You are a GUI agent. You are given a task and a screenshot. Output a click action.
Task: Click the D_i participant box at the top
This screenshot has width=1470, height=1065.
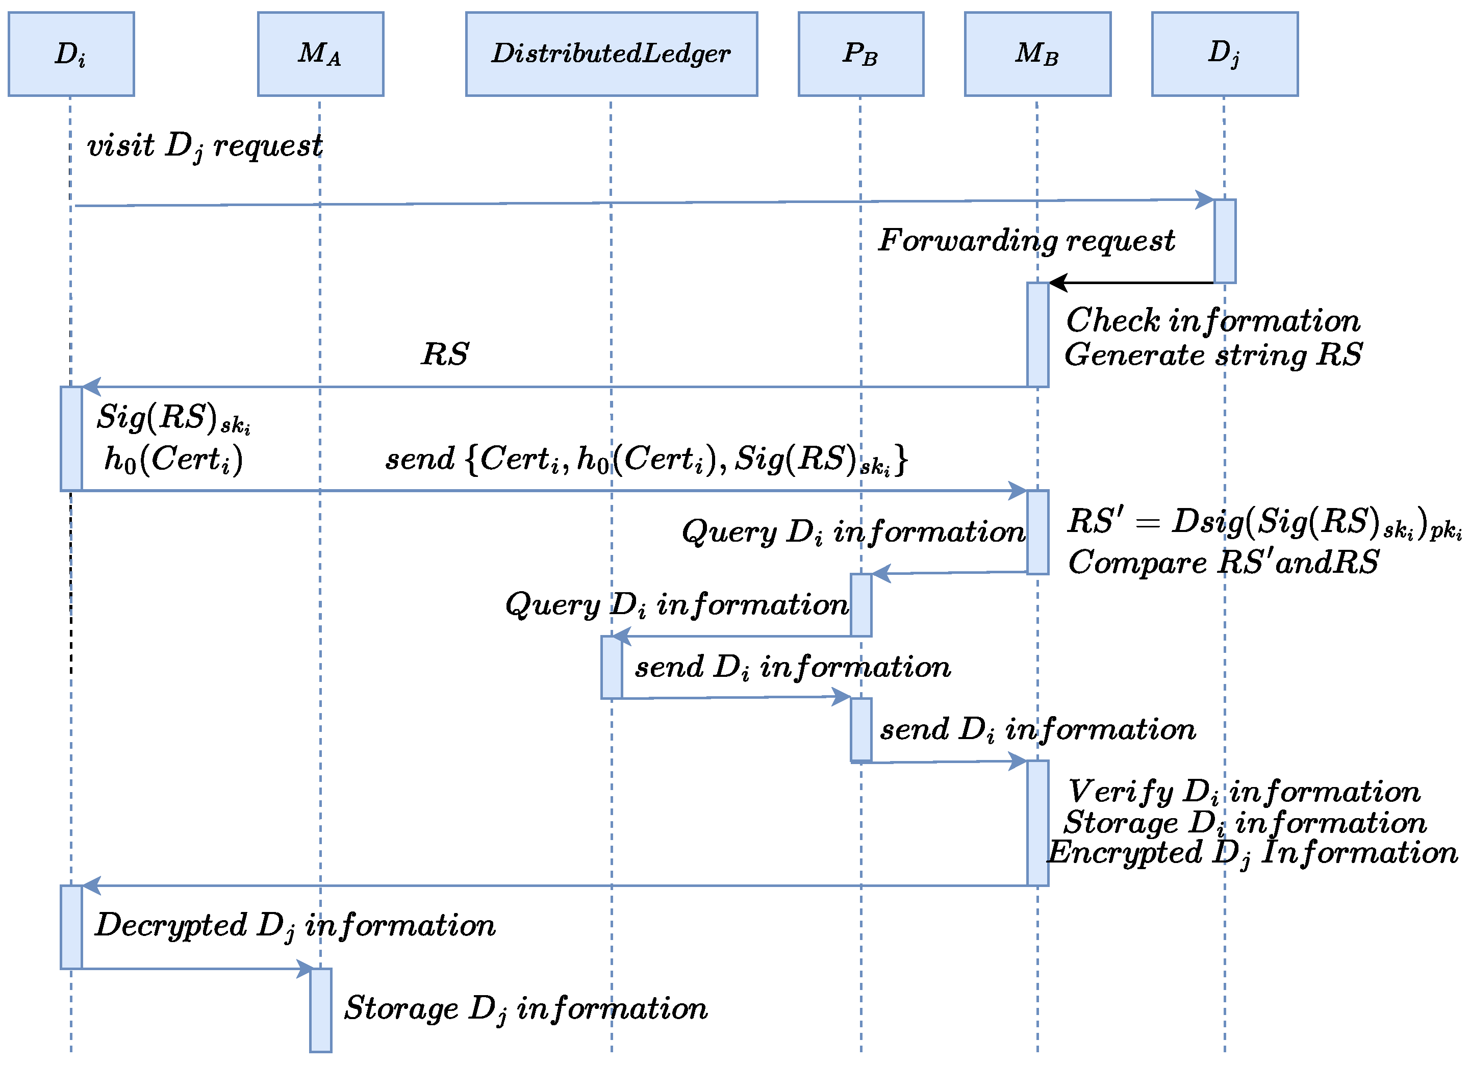pos(71,54)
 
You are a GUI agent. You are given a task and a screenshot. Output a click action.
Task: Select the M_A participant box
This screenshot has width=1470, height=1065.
pos(320,54)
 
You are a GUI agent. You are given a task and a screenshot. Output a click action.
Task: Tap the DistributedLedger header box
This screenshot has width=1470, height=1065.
pos(611,54)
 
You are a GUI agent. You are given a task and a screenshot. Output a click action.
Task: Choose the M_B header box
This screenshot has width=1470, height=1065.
pos(1037,54)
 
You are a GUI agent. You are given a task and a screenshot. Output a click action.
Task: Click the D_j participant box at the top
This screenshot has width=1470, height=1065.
pos(1224,54)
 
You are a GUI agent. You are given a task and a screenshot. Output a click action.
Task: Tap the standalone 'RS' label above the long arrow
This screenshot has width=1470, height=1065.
pos(445,354)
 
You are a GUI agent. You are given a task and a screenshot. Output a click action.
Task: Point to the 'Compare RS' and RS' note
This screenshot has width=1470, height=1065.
pos(1223,562)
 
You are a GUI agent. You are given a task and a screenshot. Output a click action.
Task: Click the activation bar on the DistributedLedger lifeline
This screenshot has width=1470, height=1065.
pos(611,667)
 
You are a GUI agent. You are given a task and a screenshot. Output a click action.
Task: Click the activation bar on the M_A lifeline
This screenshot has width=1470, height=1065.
pos(320,1009)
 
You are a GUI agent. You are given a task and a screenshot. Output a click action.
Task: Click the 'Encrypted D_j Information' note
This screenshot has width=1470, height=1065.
pos(1252,853)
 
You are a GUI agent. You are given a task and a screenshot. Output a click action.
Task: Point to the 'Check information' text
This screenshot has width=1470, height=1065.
pos(1213,321)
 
